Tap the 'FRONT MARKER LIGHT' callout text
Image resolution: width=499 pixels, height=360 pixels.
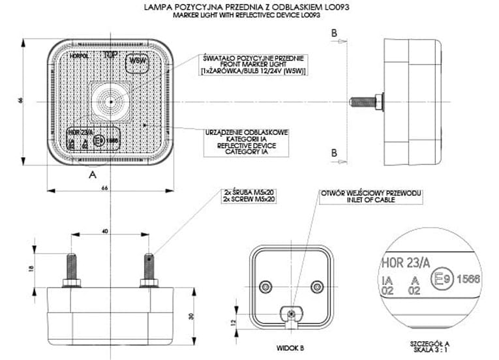[x=254, y=64]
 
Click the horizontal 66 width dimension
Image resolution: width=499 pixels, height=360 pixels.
[x=103, y=188]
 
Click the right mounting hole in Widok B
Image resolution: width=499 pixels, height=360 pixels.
[x=317, y=286]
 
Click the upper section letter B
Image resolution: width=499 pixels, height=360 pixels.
[x=334, y=33]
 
